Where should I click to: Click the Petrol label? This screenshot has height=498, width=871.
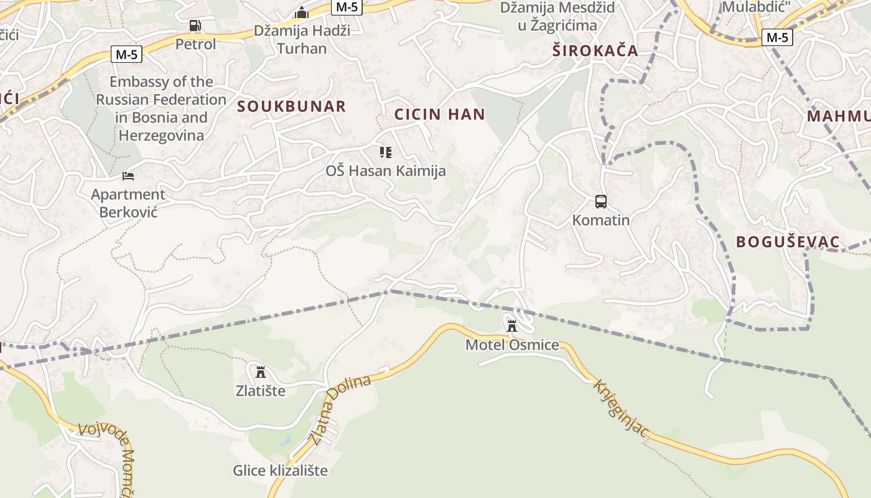pos(195,44)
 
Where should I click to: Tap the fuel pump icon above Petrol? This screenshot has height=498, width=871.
pos(195,26)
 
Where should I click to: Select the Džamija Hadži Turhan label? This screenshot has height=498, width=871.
pos(302,39)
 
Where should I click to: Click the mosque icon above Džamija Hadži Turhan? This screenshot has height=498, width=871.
pos(302,12)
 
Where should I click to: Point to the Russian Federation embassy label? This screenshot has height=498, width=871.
pos(161,108)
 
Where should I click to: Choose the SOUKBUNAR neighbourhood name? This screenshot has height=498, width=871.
pos(291,106)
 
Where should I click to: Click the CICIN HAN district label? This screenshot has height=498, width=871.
pos(439,115)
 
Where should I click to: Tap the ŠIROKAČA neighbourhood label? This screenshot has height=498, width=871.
pos(595,51)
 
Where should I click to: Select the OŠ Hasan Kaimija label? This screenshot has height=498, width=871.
pos(386,171)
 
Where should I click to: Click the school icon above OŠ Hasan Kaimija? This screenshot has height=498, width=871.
pos(386,152)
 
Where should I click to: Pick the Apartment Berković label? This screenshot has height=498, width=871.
pos(128,203)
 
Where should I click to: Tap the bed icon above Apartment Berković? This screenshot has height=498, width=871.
pos(128,176)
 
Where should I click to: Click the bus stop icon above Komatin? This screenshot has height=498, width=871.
pos(601,202)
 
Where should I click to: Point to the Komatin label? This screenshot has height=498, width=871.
pos(601,220)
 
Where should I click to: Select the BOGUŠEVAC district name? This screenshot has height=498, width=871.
pos(788,242)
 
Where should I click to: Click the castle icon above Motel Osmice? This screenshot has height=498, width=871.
pos(512,326)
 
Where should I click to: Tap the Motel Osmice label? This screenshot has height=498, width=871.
pos(512,345)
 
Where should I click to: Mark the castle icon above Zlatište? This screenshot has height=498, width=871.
pos(261,372)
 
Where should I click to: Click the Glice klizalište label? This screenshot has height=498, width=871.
pos(280,471)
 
